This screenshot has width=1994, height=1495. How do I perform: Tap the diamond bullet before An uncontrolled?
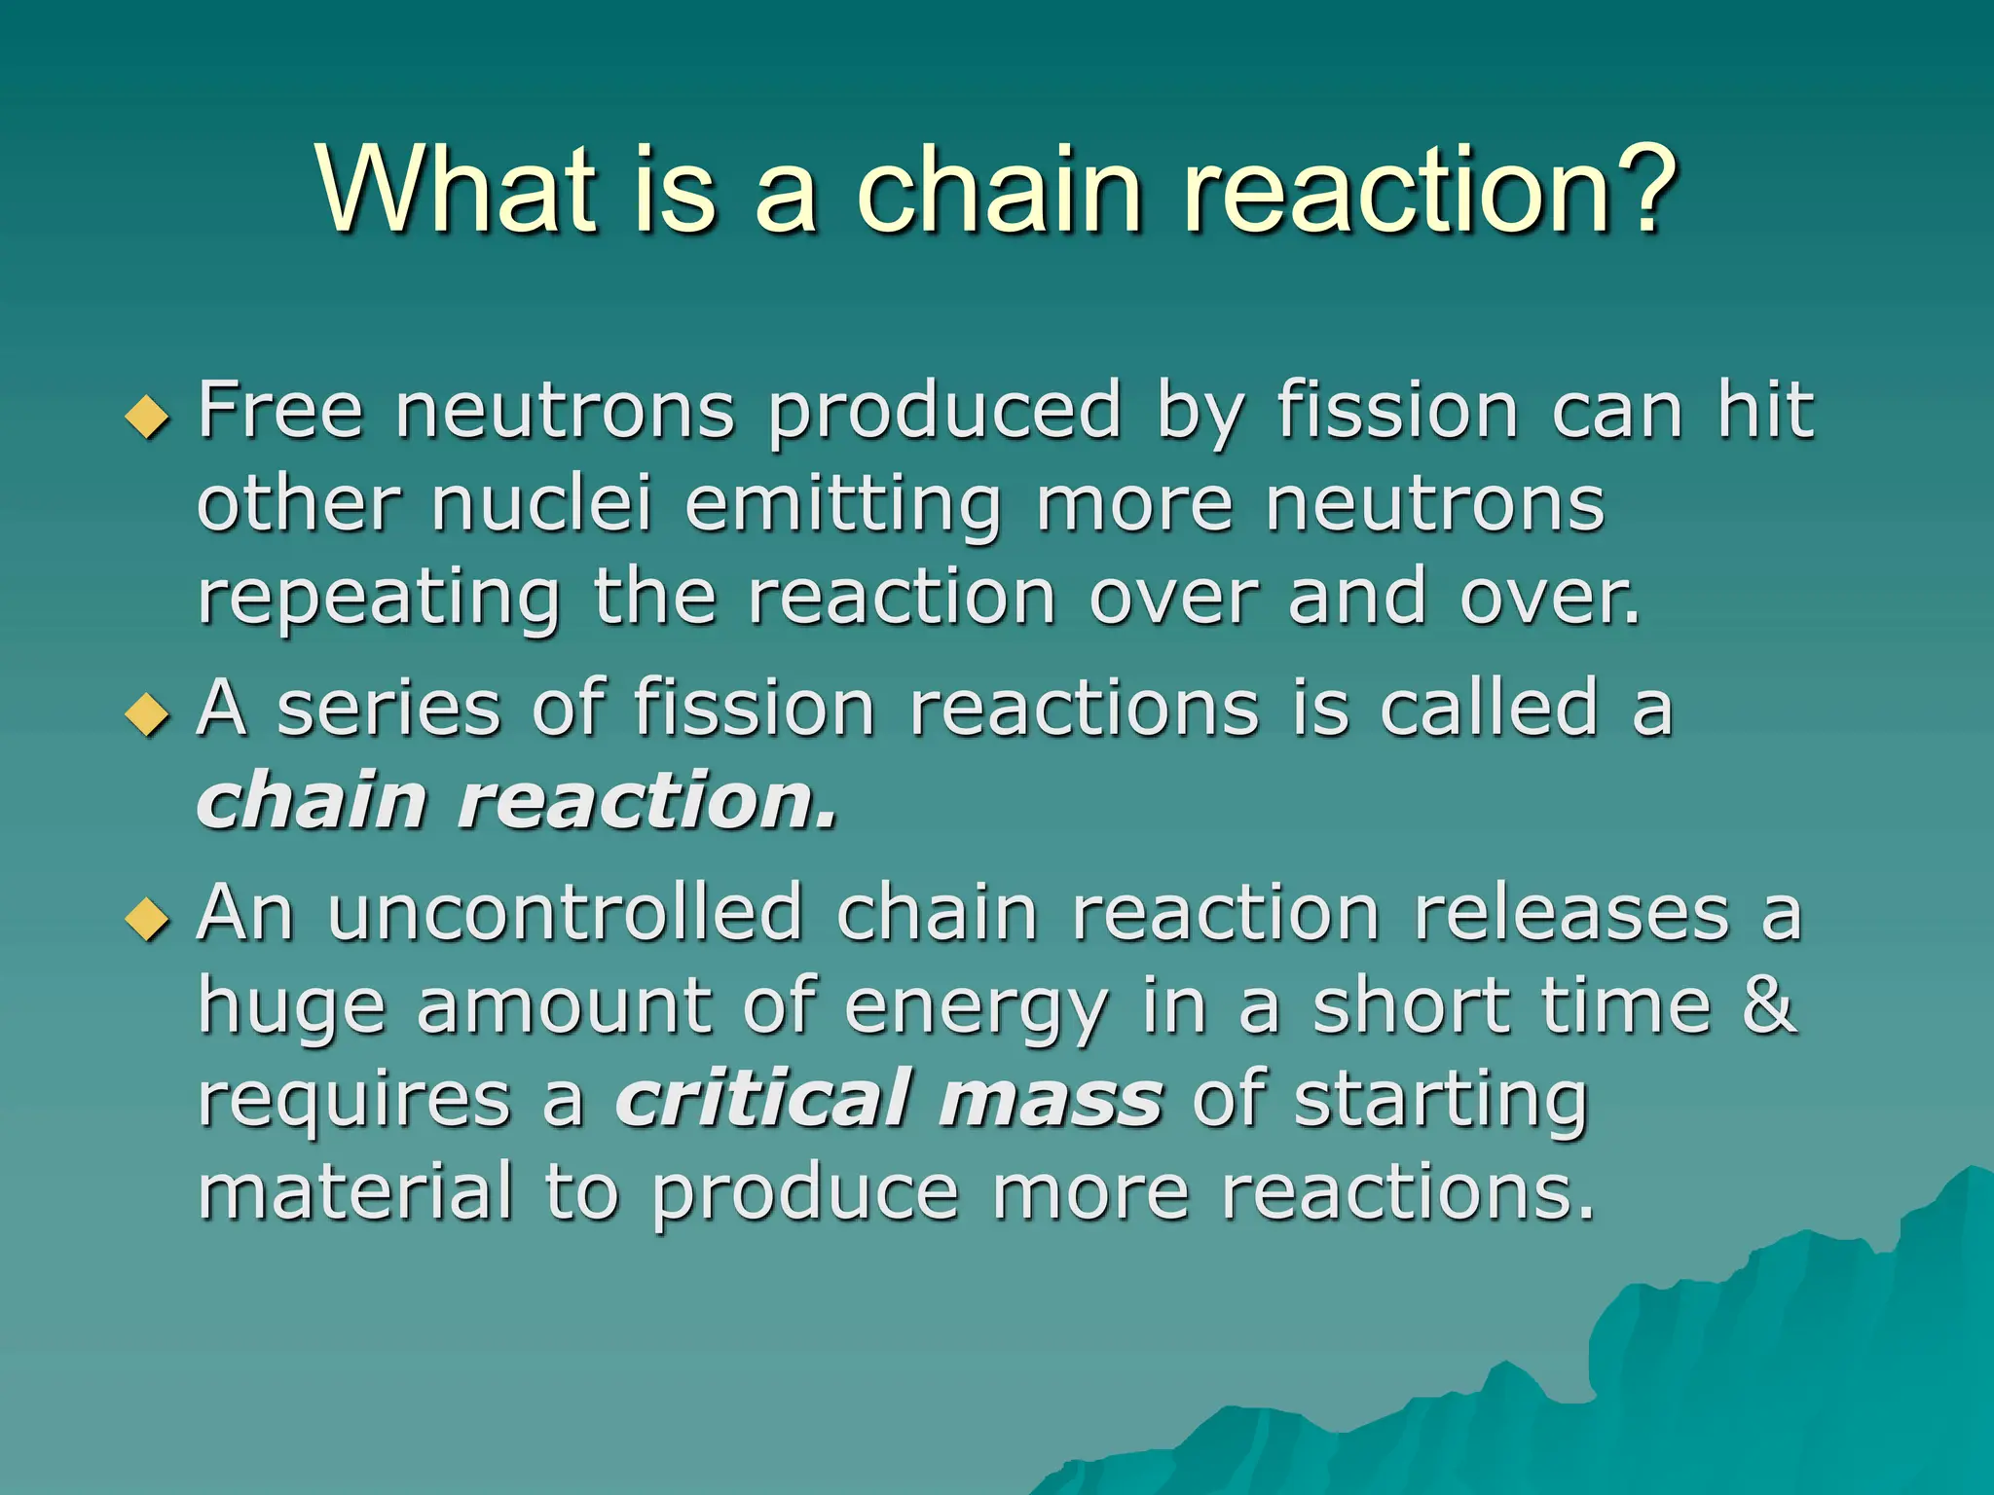click(148, 919)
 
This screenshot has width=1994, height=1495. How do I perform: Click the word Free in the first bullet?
click(280, 411)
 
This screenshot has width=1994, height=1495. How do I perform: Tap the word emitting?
click(843, 506)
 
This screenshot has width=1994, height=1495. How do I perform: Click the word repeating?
click(379, 600)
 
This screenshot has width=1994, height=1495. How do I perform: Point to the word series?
click(388, 709)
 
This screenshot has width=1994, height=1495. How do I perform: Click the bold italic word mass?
click(1051, 1101)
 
